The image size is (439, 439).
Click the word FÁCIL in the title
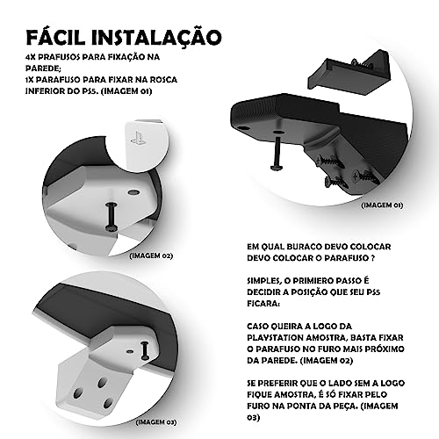[63, 39]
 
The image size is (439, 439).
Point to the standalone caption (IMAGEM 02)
[151, 255]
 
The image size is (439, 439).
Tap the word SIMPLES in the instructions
[264, 278]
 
